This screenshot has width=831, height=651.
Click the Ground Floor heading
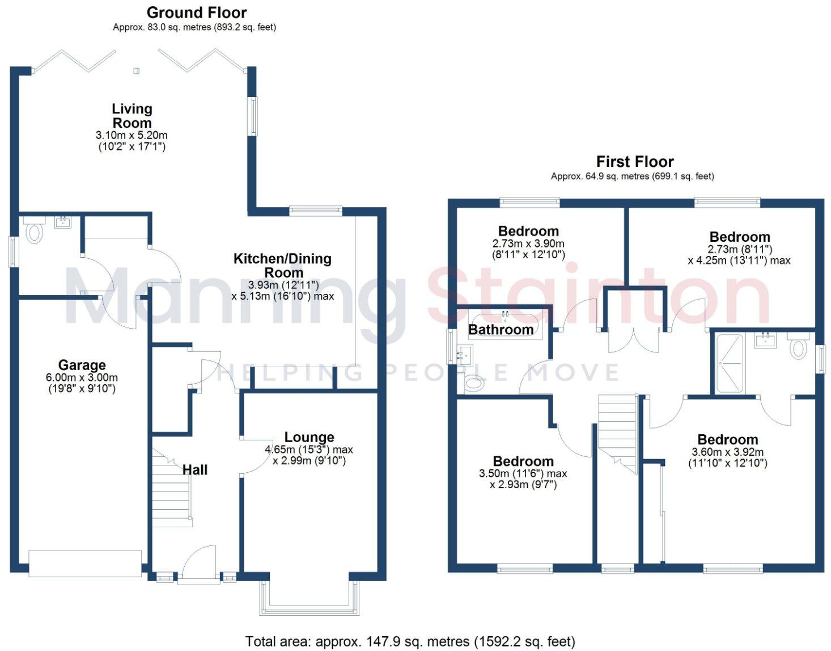(x=196, y=12)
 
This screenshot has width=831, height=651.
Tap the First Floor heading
(x=634, y=162)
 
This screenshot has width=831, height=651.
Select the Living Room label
(x=132, y=116)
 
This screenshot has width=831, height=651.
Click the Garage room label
(x=82, y=365)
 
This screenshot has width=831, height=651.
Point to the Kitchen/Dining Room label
(x=282, y=265)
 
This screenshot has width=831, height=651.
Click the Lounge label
(x=309, y=437)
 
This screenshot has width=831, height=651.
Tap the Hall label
(x=195, y=470)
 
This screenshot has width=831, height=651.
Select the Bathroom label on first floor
(x=501, y=329)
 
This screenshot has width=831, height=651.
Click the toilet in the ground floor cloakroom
(x=35, y=232)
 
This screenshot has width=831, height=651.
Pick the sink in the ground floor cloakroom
(x=62, y=221)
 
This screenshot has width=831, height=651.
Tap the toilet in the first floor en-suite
(x=798, y=347)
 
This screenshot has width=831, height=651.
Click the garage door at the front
(x=85, y=563)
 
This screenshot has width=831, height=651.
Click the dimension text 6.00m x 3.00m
(x=82, y=377)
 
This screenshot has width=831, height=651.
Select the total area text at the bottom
(x=410, y=641)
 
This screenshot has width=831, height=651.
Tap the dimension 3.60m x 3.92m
(x=727, y=452)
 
